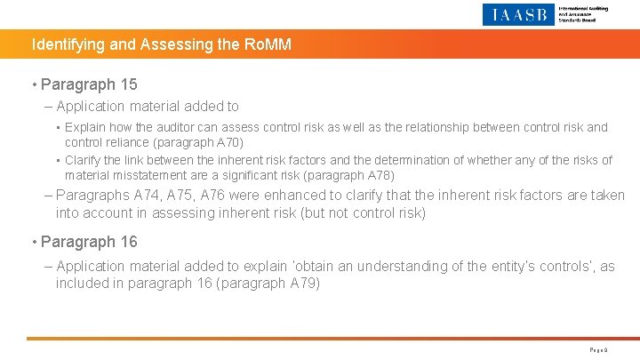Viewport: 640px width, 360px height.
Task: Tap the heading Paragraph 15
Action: click(x=90, y=84)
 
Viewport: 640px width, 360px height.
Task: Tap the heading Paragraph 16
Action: click(x=90, y=242)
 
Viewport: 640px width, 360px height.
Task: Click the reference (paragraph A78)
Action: click(x=344, y=175)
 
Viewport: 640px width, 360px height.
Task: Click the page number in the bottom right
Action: click(x=599, y=350)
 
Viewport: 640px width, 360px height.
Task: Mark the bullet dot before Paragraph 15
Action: click(x=33, y=85)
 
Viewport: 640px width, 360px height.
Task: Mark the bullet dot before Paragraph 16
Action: click(x=33, y=243)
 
